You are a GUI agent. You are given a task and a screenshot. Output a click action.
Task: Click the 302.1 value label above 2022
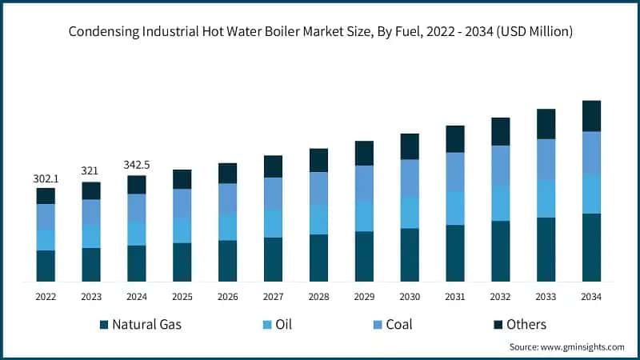coord(46,179)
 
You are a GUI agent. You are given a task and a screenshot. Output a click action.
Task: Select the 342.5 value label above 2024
coord(137,165)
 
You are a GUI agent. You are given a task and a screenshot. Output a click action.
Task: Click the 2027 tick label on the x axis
coord(273,296)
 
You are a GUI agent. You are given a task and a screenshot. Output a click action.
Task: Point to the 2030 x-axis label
coord(410,296)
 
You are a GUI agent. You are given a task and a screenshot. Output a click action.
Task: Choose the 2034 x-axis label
coord(591,296)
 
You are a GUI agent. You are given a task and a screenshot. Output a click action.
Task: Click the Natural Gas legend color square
coord(103,325)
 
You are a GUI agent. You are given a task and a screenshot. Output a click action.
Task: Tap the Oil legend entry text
coord(283,325)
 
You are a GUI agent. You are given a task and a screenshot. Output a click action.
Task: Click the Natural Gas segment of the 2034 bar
coord(591,247)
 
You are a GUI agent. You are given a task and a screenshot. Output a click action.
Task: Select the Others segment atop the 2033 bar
coord(546,124)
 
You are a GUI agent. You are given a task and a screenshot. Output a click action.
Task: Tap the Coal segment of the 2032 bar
coord(500,166)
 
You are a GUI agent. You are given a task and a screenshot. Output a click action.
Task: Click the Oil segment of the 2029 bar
coord(364,216)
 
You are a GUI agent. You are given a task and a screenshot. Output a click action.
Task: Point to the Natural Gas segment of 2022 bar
coord(46,266)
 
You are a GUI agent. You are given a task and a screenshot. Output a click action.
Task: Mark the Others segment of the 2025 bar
coord(182,179)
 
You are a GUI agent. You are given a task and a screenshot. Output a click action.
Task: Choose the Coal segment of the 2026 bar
coord(227,198)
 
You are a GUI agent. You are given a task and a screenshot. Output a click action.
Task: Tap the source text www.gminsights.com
coord(583,347)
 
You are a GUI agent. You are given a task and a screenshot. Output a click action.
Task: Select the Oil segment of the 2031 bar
coord(455,208)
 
